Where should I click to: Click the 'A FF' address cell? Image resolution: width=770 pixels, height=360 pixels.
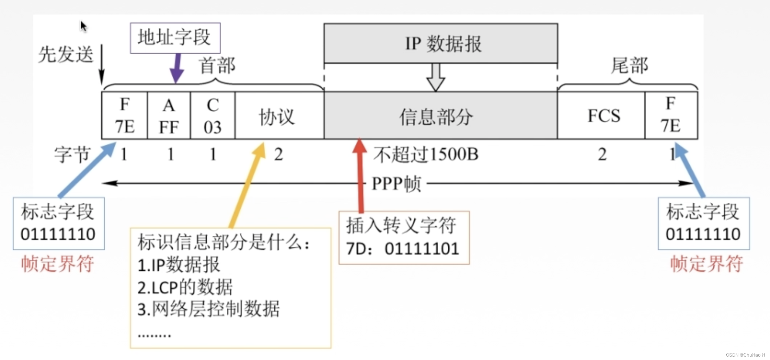pos(169,116)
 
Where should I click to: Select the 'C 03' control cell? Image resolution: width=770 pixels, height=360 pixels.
pos(213,116)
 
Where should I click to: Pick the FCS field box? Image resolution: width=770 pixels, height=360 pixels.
pos(601,116)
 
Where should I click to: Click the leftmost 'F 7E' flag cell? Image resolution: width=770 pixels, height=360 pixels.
pos(125,116)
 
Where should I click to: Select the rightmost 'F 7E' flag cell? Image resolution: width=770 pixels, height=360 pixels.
pos(671,116)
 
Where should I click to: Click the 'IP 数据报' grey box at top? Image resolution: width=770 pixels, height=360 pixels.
pos(441,44)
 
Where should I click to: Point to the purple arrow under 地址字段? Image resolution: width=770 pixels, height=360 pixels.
pos(177,68)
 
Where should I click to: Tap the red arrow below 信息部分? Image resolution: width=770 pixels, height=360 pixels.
pos(360,175)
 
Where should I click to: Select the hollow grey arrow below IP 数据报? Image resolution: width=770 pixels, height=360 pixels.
pos(436,77)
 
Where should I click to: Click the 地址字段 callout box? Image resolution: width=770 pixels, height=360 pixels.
pos(175,38)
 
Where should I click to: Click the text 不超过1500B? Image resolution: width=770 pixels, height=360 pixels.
pos(426,155)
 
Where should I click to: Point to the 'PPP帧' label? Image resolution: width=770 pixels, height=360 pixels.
pos(396,184)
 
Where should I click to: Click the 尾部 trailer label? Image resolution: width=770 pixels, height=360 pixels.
pos(630,65)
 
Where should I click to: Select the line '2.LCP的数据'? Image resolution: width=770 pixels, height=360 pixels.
pos(185,287)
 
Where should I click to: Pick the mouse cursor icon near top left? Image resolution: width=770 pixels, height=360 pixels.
pos(83,26)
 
